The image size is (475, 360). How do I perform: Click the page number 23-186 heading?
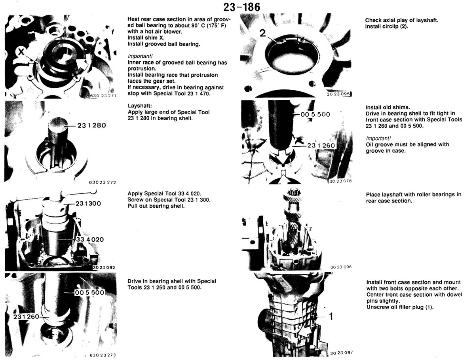coord(241,7)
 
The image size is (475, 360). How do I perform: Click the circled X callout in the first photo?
coord(21,52)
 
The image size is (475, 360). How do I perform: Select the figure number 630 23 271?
coord(103,95)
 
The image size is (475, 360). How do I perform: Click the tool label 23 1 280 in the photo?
coord(91,125)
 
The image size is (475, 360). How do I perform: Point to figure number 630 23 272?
coord(103,182)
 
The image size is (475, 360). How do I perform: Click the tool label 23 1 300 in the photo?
coord(88,203)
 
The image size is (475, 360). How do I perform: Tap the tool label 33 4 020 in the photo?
coord(90,239)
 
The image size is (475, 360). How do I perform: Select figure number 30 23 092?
coord(104,267)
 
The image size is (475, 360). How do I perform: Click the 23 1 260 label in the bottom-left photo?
coord(26,316)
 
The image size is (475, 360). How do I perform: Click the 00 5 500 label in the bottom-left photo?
coord(89,292)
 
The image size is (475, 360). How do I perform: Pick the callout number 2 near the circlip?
coord(262,33)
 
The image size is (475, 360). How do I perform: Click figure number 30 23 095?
coord(338,94)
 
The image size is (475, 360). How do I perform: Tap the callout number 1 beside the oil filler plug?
coord(331,316)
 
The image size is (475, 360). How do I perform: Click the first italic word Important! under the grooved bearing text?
coord(140,56)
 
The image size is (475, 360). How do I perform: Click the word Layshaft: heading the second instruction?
coord(140,106)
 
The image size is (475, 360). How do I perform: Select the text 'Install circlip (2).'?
coord(386,27)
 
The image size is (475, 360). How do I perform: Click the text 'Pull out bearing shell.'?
coord(156,206)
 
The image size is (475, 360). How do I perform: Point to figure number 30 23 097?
coord(341,352)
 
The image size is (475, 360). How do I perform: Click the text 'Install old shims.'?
coord(388,108)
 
